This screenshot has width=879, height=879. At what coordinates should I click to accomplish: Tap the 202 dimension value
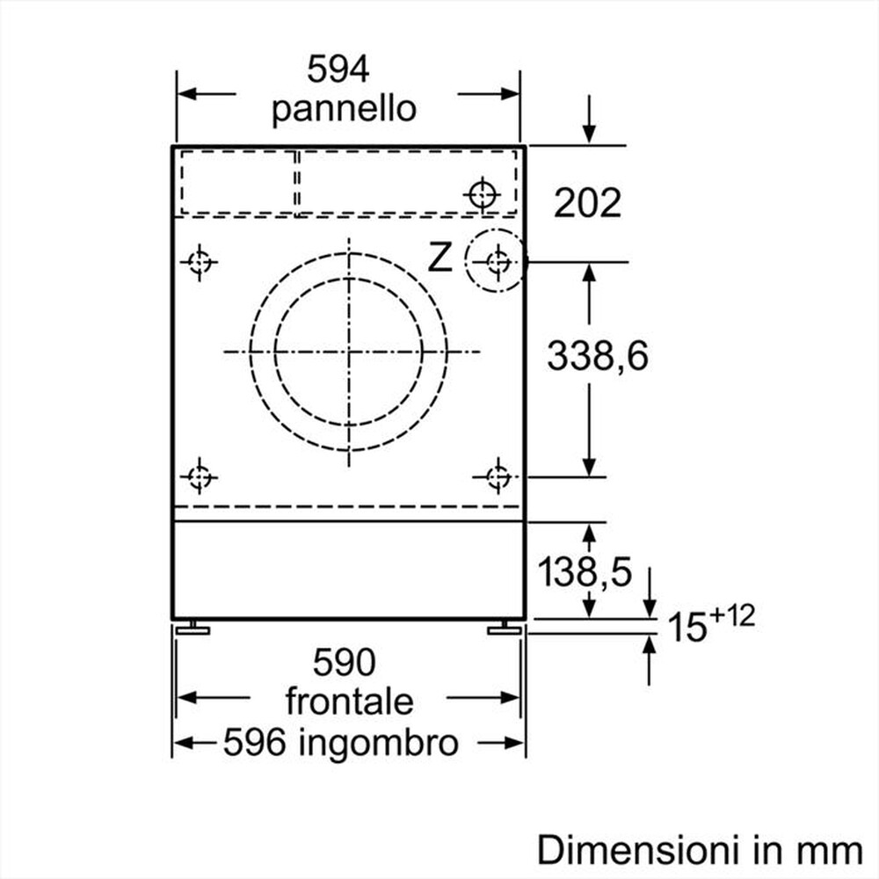587,203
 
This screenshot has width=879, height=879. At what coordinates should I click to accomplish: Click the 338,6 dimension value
597,357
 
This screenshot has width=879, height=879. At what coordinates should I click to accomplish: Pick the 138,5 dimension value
585,573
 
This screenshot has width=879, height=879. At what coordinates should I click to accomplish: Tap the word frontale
349,701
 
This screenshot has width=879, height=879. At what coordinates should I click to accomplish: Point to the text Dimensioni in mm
700,849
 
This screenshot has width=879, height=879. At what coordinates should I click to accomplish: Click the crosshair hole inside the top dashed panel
483,193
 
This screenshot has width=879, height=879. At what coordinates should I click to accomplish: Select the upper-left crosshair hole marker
200,262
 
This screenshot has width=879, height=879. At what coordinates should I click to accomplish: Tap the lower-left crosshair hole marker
200,477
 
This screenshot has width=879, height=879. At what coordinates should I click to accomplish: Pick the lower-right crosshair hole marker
498,477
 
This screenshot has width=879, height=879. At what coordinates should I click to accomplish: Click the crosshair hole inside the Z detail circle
498,261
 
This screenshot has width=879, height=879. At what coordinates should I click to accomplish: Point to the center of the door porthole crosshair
349,352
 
